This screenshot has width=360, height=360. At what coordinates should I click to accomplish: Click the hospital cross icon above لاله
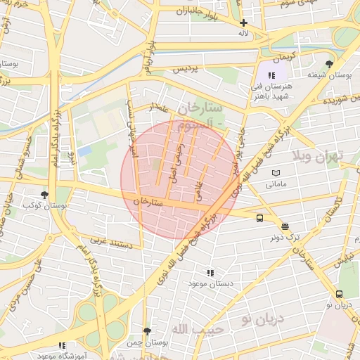pyautogui.click(x=244, y=22)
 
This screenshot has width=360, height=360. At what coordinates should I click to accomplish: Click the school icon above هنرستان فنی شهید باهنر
pyautogui.click(x=272, y=75)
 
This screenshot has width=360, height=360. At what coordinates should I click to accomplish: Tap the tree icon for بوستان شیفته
pyautogui.click(x=329, y=64)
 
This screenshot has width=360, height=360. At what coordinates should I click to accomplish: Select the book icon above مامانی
pyautogui.click(x=276, y=173)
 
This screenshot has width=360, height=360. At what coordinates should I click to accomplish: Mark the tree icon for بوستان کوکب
pyautogui.click(x=44, y=195)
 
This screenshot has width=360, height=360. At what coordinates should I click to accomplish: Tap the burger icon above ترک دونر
pyautogui.click(x=285, y=226)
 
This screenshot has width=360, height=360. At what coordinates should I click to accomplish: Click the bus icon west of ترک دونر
pyautogui.click(x=260, y=218)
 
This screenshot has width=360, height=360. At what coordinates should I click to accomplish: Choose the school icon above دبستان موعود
pyautogui.click(x=210, y=272)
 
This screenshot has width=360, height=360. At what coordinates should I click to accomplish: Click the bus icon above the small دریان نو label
pyautogui.click(x=340, y=294)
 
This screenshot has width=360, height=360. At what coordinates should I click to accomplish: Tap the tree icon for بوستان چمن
pyautogui.click(x=146, y=330)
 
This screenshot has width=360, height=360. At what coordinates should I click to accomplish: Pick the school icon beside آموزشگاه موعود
pyautogui.click(x=62, y=345)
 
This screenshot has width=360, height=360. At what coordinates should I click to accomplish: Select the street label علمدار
pyautogui.click(x=160, y=107)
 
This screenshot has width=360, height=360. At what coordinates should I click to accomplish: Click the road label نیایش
pyautogui.click(x=340, y=261)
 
